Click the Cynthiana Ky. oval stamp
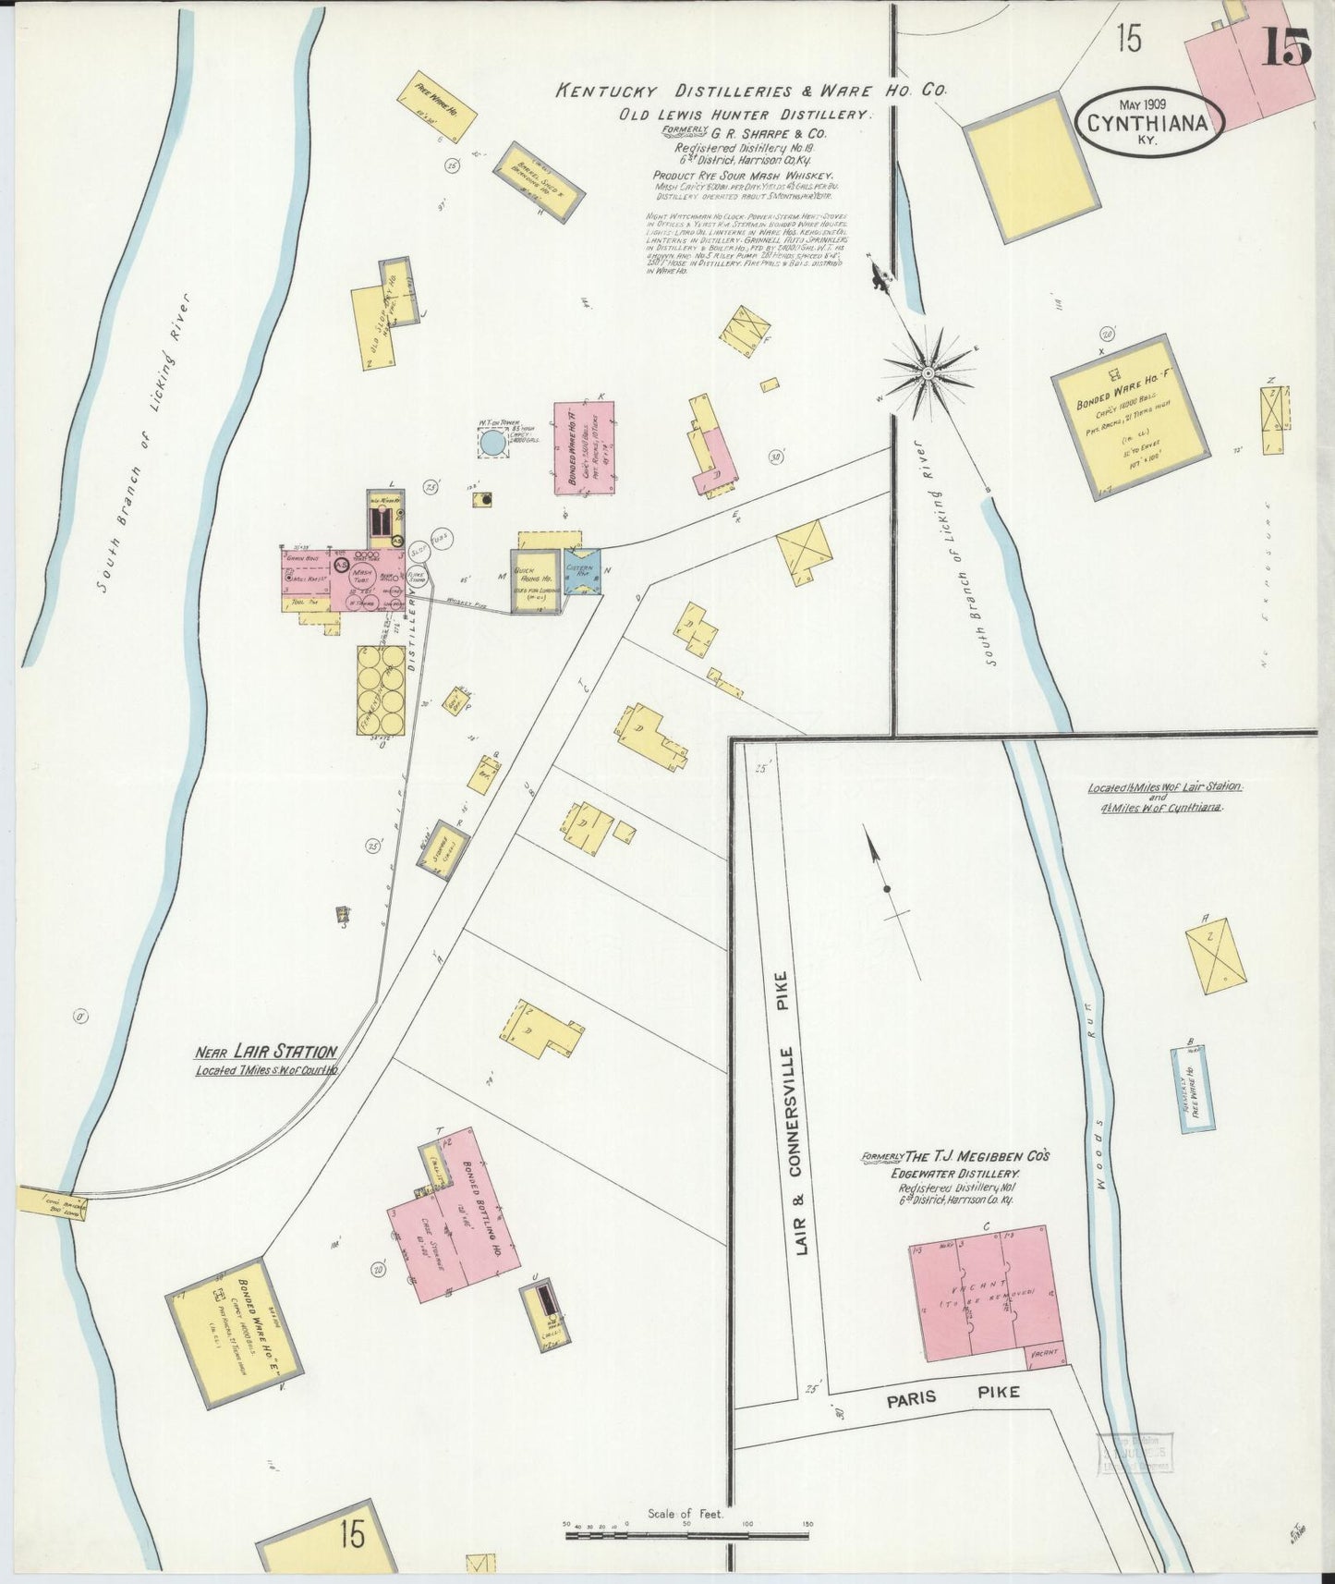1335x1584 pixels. tap(1149, 123)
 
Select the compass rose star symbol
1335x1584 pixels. tap(927, 372)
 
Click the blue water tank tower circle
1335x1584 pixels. tap(493, 445)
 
